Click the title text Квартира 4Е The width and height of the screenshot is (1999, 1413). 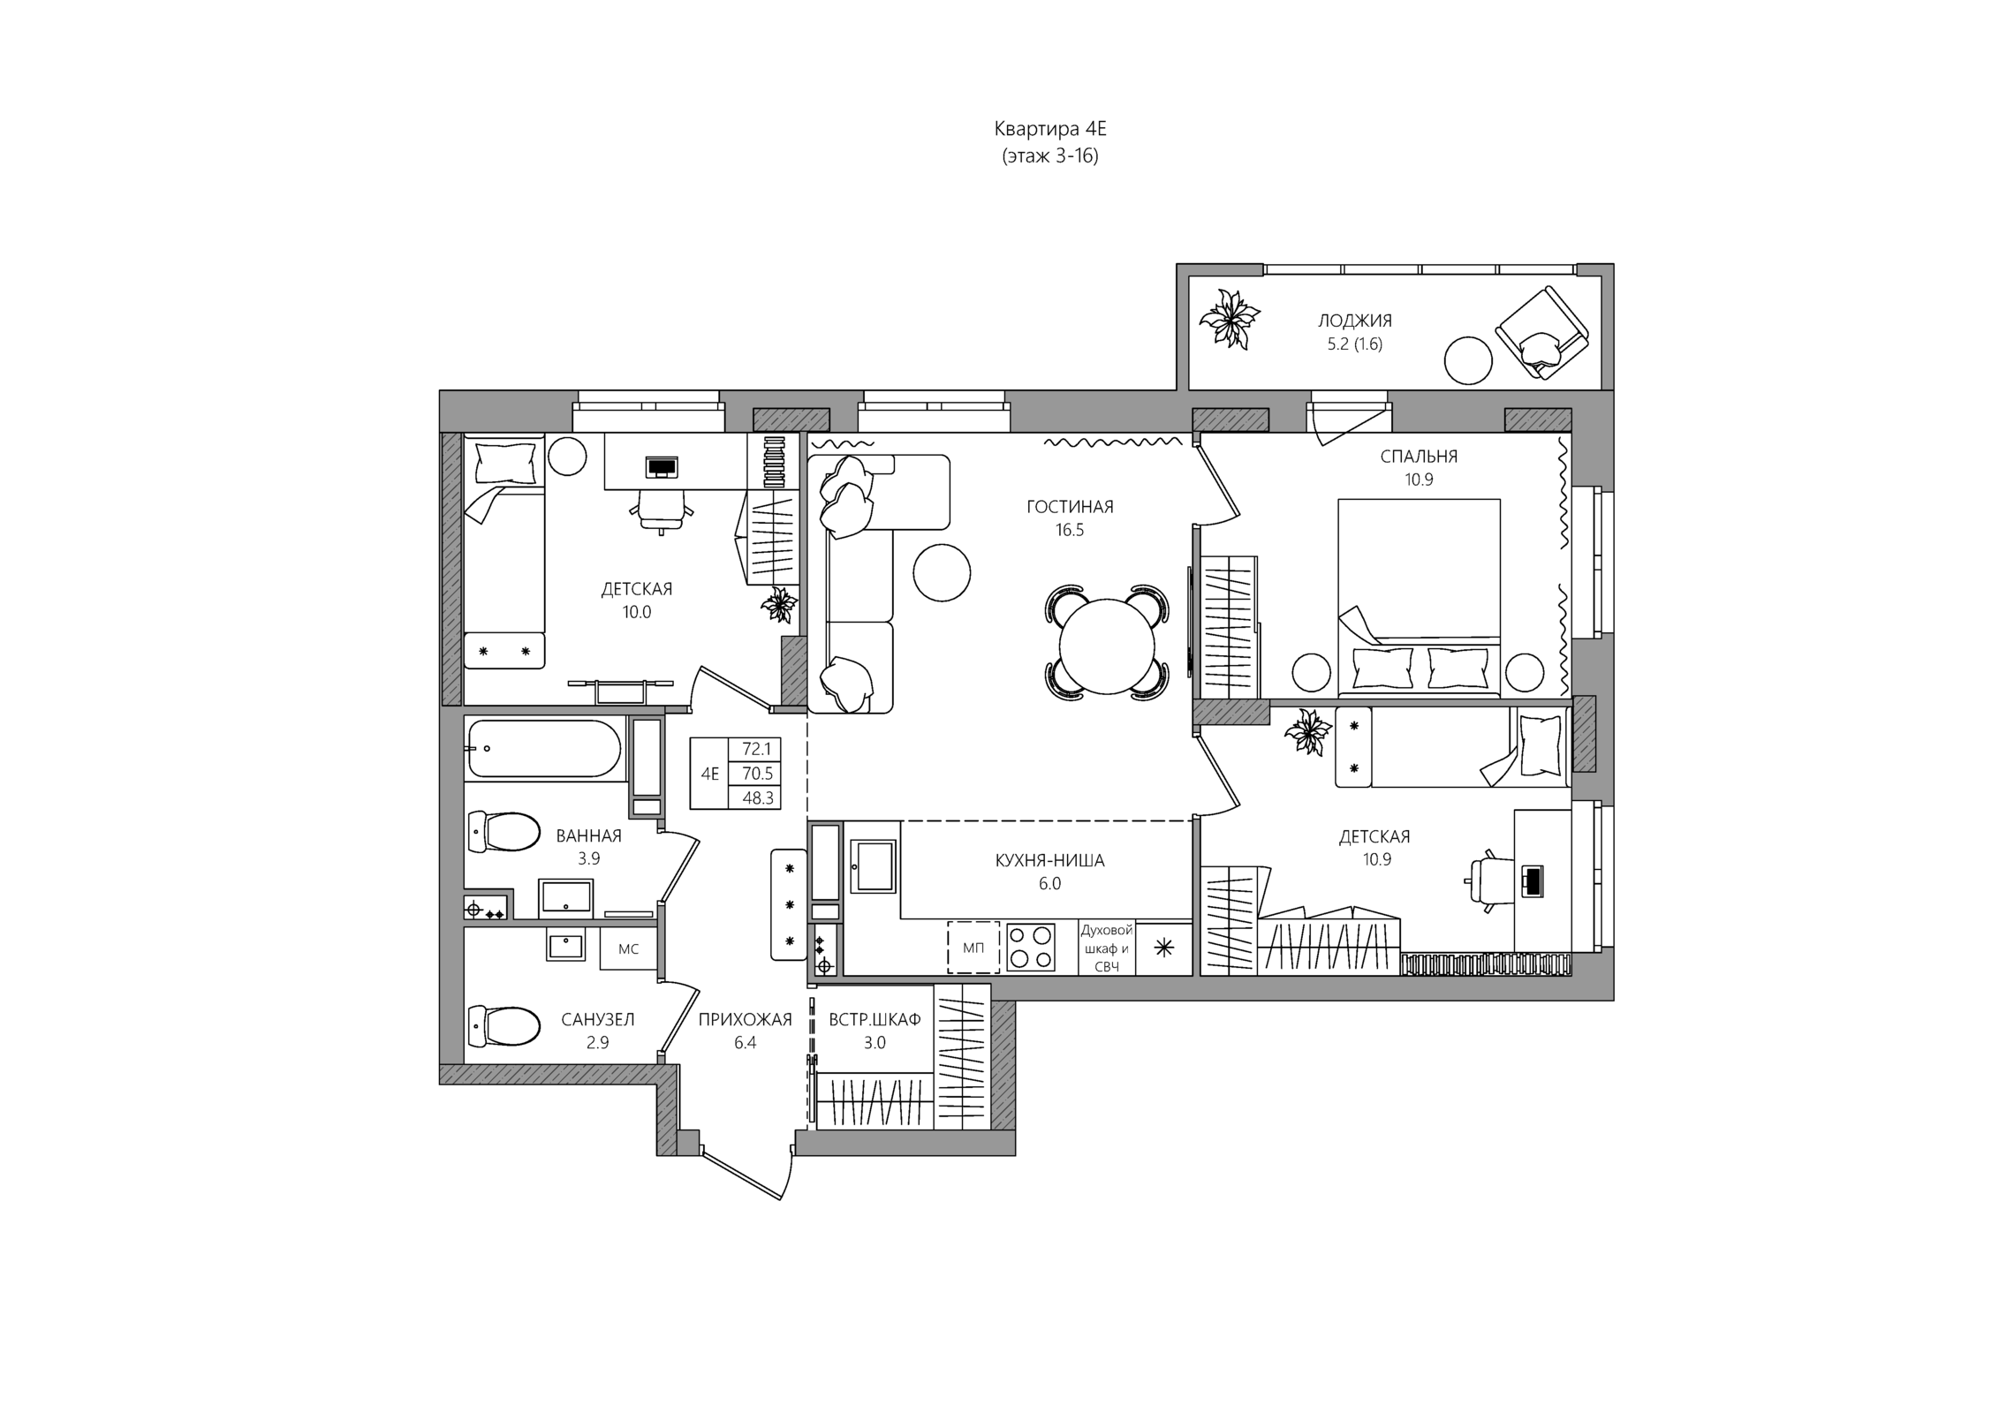pos(1049,129)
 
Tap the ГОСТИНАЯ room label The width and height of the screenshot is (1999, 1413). pos(1069,507)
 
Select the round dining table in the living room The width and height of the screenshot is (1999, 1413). pos(1108,644)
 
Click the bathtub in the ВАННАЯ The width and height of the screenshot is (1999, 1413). pos(544,749)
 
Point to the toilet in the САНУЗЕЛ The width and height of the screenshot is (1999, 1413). pos(504,1025)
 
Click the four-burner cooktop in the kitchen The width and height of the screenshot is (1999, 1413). pos(1031,947)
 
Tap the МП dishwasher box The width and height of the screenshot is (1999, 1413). pos(973,948)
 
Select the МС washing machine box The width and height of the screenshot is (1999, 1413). pos(628,949)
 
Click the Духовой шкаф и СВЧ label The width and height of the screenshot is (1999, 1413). pos(1106,948)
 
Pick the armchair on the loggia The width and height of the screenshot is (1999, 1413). pos(1541,333)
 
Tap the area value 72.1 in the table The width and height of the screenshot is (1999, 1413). pos(756,749)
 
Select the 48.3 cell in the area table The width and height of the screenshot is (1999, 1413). pos(757,798)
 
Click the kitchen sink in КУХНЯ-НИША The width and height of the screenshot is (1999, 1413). pos(873,866)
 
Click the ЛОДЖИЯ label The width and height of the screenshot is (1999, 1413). pos(1354,321)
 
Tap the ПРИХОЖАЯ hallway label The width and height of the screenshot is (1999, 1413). pos(745,1020)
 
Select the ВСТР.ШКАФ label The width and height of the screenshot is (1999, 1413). pos(875,1020)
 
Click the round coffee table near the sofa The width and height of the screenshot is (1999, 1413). pos(942,572)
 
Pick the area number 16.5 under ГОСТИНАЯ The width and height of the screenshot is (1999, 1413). pos(1069,531)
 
